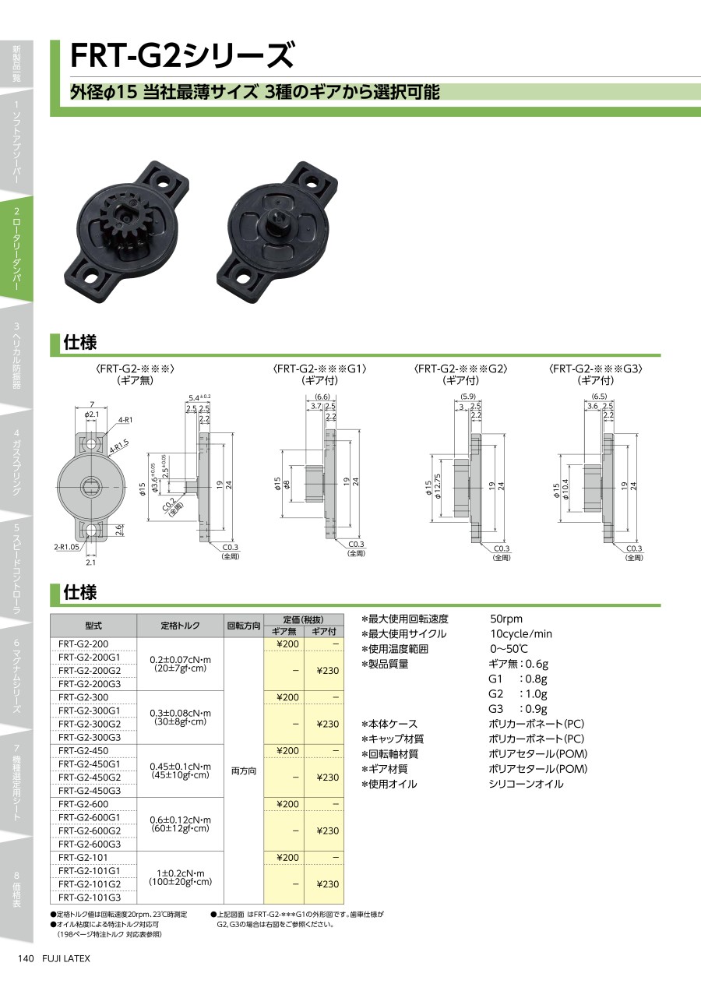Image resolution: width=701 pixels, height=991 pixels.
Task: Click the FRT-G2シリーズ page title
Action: click(x=181, y=56)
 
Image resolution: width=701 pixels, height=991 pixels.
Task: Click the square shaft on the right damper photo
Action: click(x=278, y=220)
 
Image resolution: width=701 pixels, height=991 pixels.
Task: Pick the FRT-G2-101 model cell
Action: click(x=83, y=857)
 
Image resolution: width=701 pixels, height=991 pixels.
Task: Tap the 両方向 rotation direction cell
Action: click(x=244, y=771)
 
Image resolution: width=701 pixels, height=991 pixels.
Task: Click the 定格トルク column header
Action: click(x=180, y=625)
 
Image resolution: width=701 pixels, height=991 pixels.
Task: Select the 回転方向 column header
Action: click(x=244, y=626)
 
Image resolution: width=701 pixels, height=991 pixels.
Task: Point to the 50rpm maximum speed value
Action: click(x=506, y=618)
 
